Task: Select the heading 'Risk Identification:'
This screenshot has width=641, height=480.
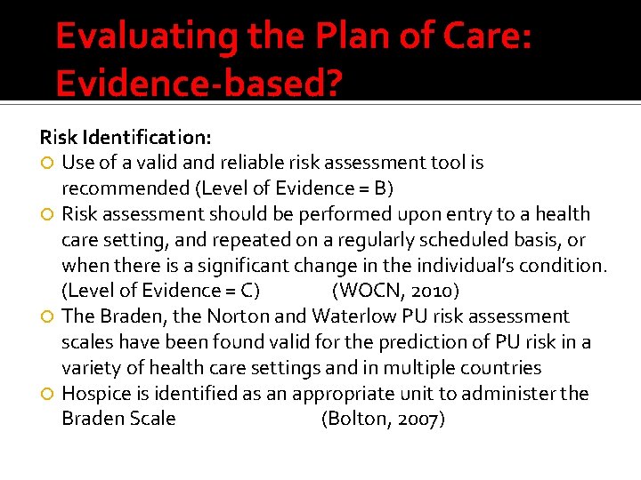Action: click(126, 137)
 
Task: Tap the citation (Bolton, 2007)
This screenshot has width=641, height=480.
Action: click(383, 419)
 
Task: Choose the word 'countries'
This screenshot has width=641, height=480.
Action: click(501, 368)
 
